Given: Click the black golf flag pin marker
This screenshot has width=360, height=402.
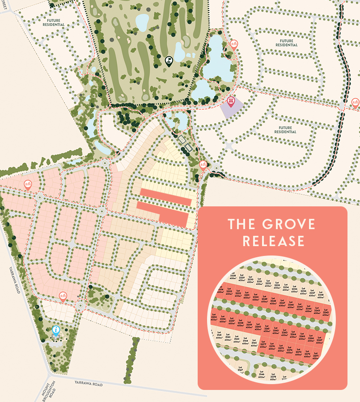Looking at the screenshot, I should point(169,61).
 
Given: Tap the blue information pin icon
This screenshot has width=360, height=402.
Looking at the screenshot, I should point(56,331).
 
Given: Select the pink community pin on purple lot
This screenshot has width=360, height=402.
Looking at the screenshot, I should point(231,101).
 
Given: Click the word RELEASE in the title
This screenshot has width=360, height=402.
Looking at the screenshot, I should point(273,242).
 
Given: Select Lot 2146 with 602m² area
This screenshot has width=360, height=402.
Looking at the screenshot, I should point(262,375).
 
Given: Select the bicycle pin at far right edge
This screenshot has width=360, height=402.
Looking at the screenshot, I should point(355,103).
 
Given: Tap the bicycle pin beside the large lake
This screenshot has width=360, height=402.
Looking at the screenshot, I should point(233,44).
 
